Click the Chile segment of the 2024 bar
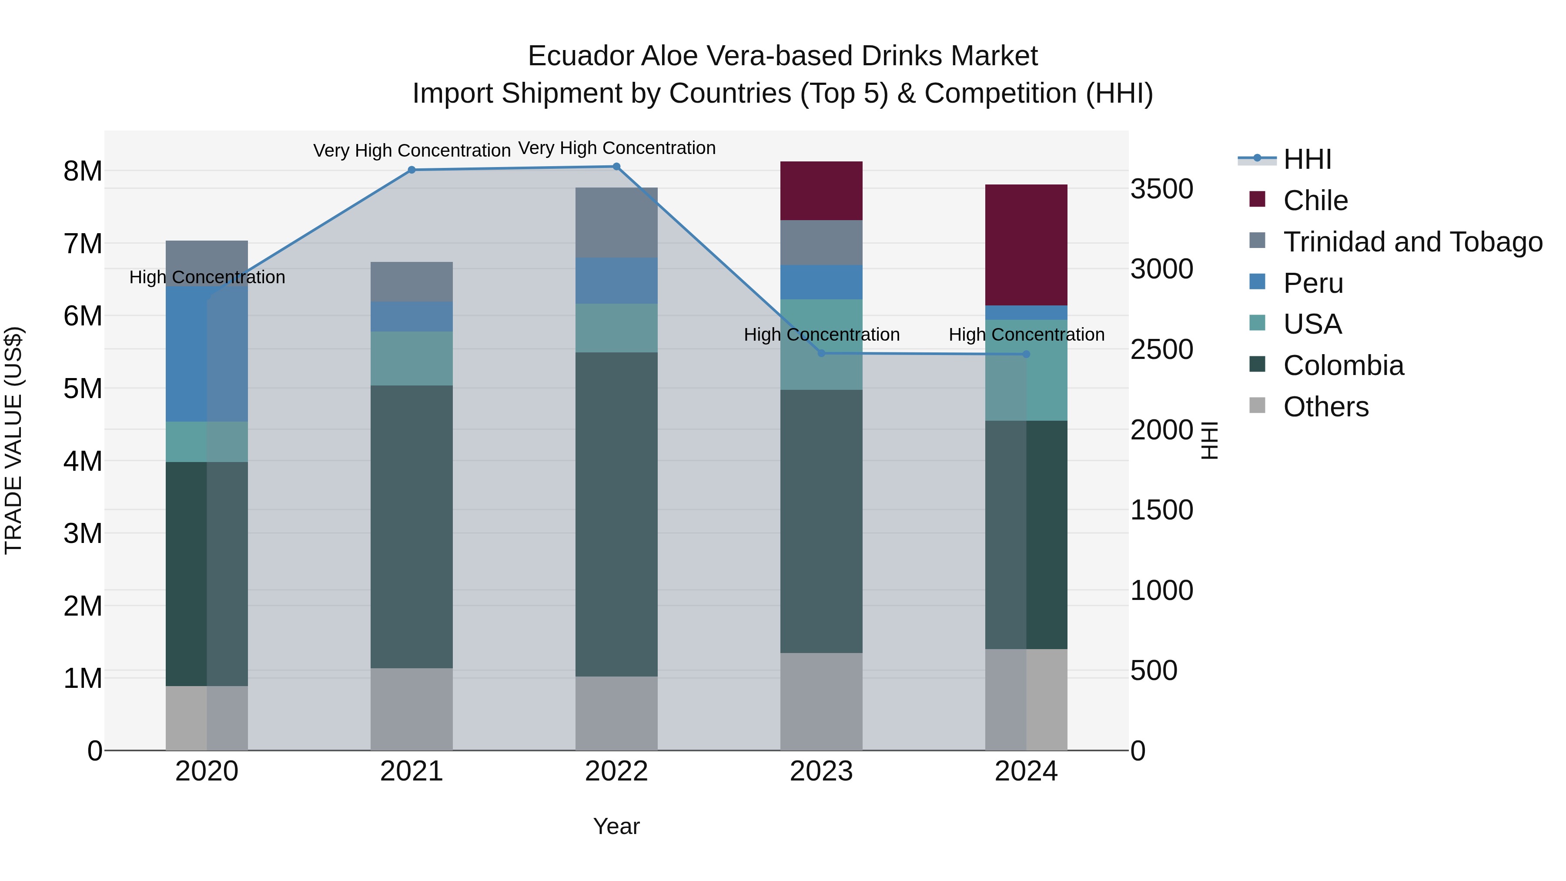[x=1026, y=245]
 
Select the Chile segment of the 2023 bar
[x=821, y=190]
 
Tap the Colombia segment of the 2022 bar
[x=616, y=514]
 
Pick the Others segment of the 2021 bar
[x=412, y=709]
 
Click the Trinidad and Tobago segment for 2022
[x=616, y=222]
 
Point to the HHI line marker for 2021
[x=412, y=170]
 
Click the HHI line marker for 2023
[x=821, y=353]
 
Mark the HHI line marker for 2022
[x=616, y=167]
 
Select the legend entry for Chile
[x=1315, y=201]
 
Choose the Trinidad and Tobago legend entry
[x=1412, y=242]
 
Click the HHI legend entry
[x=1307, y=159]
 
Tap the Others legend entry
[x=1325, y=407]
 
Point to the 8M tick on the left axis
[x=83, y=171]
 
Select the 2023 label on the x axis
[x=821, y=771]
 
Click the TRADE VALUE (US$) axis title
[x=13, y=440]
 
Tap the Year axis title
[x=616, y=826]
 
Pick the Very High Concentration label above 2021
[x=412, y=150]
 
